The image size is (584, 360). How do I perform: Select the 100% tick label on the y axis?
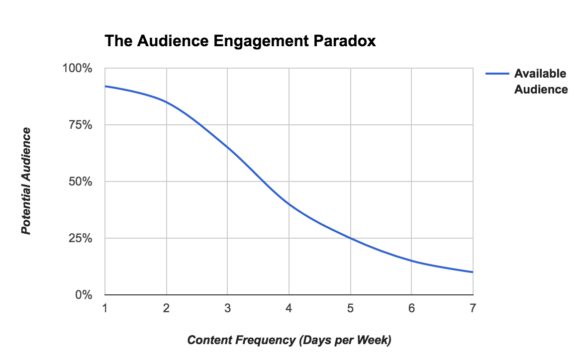click(x=77, y=68)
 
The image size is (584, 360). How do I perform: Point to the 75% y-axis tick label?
click(x=80, y=125)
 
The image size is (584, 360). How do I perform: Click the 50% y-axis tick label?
click(x=80, y=181)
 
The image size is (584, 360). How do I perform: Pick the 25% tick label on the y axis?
click(x=80, y=238)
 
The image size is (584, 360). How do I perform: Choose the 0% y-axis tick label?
click(x=83, y=295)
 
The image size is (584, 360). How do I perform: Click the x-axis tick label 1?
click(x=105, y=308)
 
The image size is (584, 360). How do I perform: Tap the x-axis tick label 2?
click(x=166, y=308)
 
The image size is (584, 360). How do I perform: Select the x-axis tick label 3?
click(x=227, y=308)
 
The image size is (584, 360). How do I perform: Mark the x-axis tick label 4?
click(x=289, y=308)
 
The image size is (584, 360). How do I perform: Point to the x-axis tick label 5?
click(x=350, y=308)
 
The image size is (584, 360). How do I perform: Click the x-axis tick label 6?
click(x=411, y=308)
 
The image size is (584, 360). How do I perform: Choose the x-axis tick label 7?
click(x=473, y=308)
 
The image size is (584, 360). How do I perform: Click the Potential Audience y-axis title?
click(x=26, y=181)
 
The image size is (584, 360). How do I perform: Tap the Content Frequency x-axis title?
click(x=289, y=341)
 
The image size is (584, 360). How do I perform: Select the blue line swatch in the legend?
click(x=497, y=74)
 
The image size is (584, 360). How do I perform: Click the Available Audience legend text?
click(x=541, y=82)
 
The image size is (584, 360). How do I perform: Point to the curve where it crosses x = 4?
click(x=289, y=204)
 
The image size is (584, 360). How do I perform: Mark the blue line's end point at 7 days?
click(x=473, y=272)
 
